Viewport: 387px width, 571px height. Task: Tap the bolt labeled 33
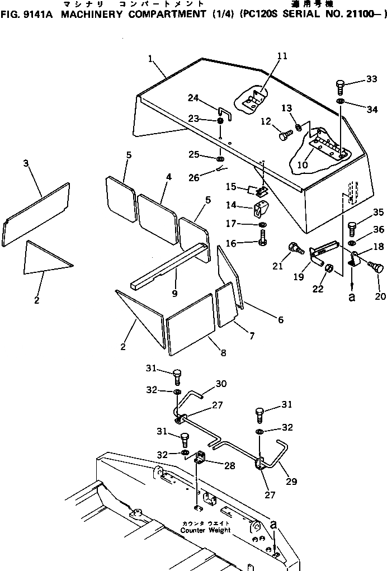click(x=340, y=87)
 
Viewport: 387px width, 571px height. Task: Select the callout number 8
click(x=223, y=353)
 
